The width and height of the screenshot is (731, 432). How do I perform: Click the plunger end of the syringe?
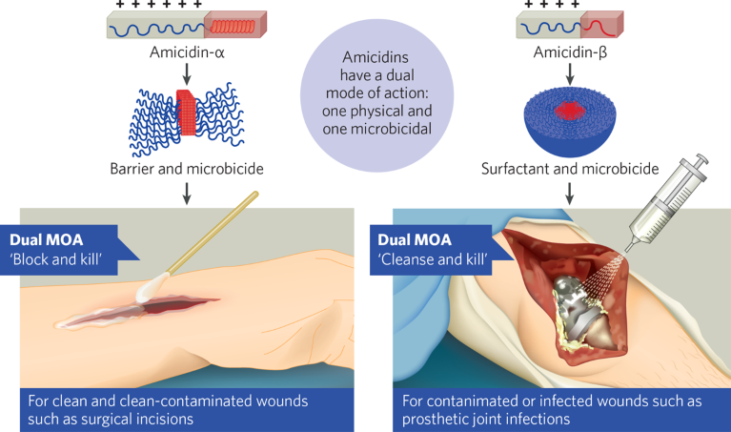pos(702,161)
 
